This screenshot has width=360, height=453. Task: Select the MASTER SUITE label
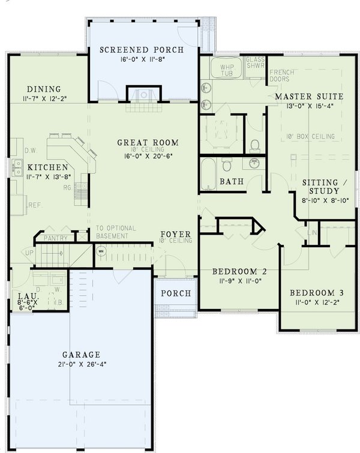pos(309,96)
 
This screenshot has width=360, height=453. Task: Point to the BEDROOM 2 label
pos(240,272)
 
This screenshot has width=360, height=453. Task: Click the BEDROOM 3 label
pos(316,293)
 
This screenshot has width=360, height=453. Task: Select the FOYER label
pos(175,233)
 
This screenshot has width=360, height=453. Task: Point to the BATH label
pos(231,182)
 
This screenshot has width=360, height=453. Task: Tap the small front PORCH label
pos(175,293)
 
